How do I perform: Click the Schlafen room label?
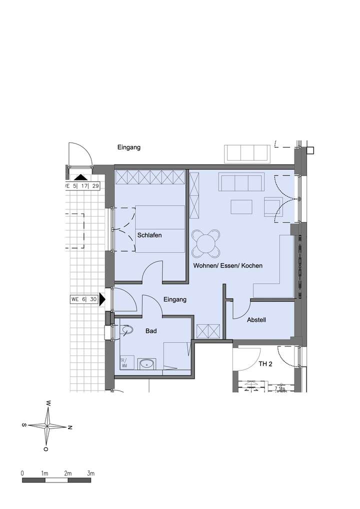(149, 235)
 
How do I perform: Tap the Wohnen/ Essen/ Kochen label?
(227, 266)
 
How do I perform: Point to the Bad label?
(151, 331)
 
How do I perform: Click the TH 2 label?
(265, 364)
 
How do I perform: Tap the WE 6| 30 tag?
(84, 299)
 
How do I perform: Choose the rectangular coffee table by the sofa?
(241, 206)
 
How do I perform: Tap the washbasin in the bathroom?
(146, 363)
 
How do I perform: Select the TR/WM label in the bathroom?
(123, 362)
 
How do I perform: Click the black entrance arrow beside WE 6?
(102, 299)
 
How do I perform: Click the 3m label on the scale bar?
(90, 473)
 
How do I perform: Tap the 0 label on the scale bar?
(22, 473)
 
